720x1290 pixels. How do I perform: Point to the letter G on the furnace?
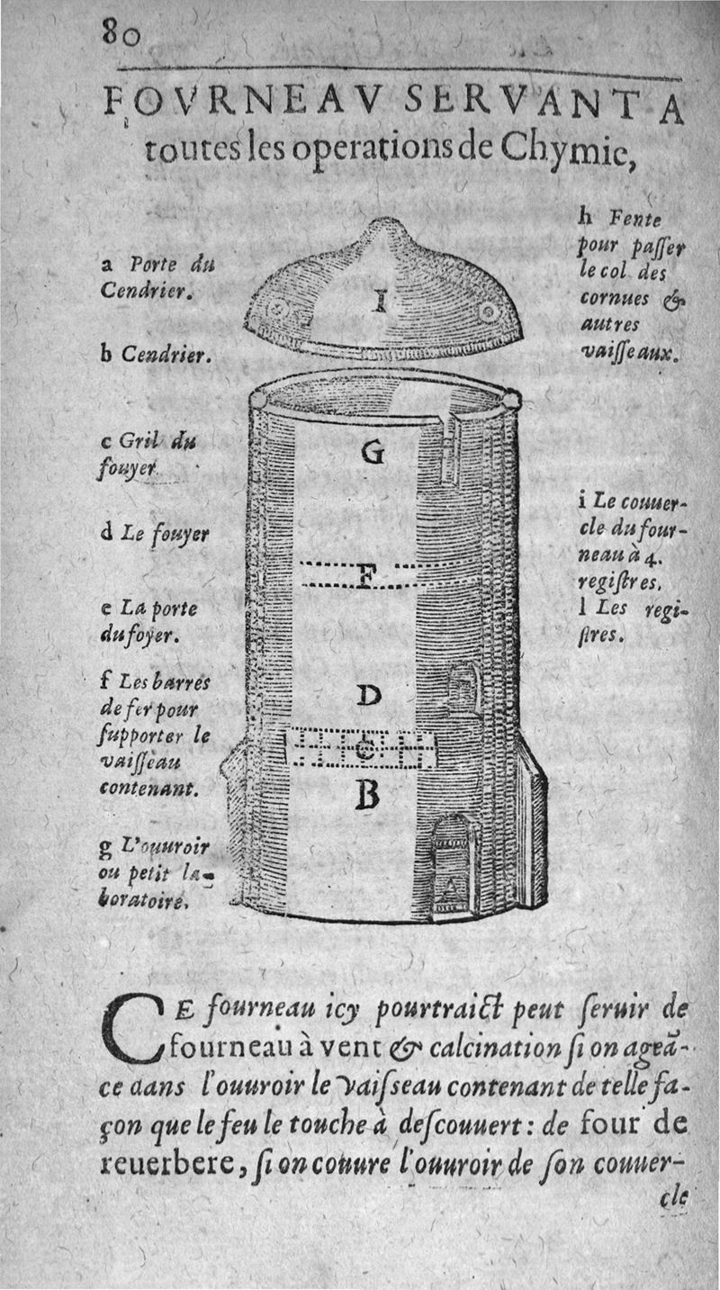pyautogui.click(x=372, y=454)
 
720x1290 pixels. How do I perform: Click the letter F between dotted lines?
pyautogui.click(x=364, y=576)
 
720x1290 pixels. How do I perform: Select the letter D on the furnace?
pyautogui.click(x=370, y=695)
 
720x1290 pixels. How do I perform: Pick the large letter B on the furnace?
pyautogui.click(x=367, y=794)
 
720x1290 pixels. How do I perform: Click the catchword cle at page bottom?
pyautogui.click(x=672, y=1198)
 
